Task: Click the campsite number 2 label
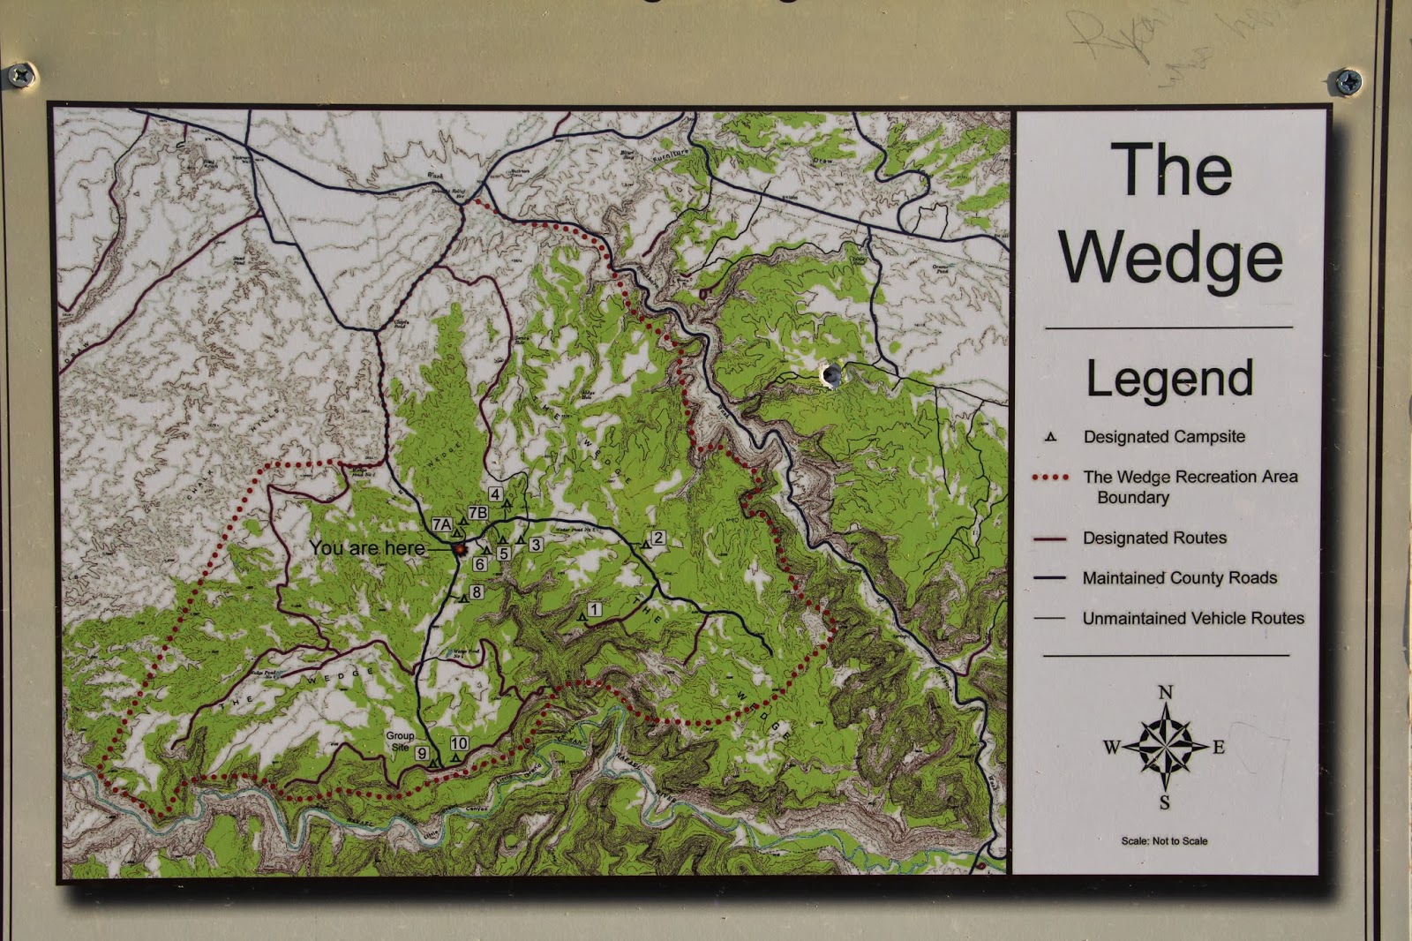pyautogui.click(x=657, y=538)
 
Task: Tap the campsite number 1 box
pyautogui.click(x=595, y=609)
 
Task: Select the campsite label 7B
pyautogui.click(x=477, y=513)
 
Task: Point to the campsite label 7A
pyautogui.click(x=442, y=525)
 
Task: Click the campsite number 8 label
pyautogui.click(x=477, y=592)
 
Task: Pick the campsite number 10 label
pyautogui.click(x=459, y=743)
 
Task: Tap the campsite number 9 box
pyautogui.click(x=422, y=753)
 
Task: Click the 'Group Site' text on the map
pyautogui.click(x=400, y=741)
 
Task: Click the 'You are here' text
pyautogui.click(x=367, y=548)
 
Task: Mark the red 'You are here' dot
pyautogui.click(x=459, y=550)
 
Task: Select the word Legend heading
pyautogui.click(x=1169, y=380)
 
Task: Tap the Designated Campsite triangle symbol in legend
pyautogui.click(x=1050, y=437)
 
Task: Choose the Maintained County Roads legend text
pyautogui.click(x=1179, y=578)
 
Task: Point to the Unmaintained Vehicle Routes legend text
pyautogui.click(x=1192, y=619)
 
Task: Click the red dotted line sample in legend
pyautogui.click(x=1050, y=478)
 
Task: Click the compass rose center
pyautogui.click(x=1165, y=747)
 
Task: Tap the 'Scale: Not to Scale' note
pyautogui.click(x=1164, y=841)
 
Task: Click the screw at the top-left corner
pyautogui.click(x=19, y=74)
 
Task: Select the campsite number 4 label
pyautogui.click(x=495, y=494)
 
